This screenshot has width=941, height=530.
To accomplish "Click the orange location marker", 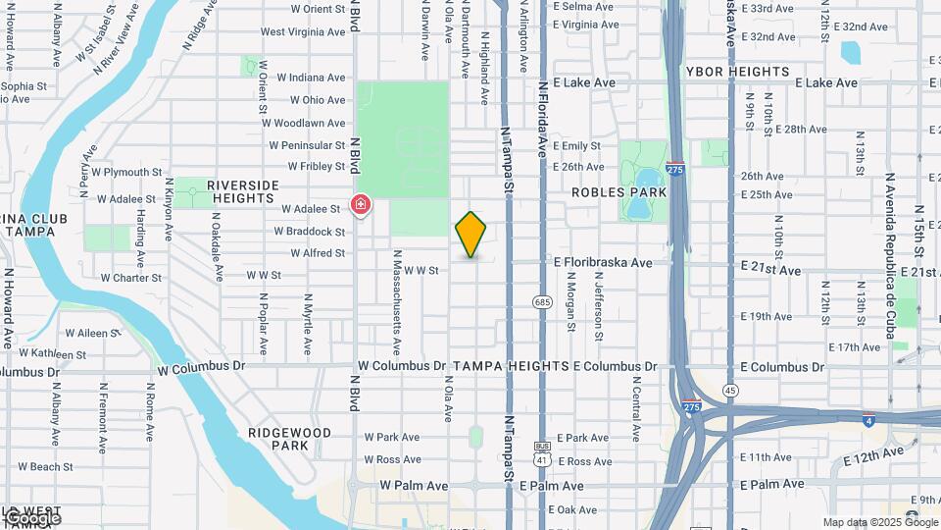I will click(470, 235).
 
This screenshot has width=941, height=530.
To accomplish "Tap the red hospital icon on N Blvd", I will click(361, 205).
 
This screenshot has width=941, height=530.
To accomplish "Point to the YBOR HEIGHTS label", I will click(737, 72).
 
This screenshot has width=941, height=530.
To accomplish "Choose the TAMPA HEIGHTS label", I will click(511, 366).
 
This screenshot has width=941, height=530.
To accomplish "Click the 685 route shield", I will click(542, 302).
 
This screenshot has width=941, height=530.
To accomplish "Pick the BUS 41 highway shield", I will click(542, 451).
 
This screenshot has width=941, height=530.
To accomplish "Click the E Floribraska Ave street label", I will click(603, 263).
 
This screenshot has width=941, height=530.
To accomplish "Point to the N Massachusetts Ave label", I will click(397, 301).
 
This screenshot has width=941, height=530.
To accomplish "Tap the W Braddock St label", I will click(309, 232).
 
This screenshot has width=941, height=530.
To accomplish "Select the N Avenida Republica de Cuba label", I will click(890, 256).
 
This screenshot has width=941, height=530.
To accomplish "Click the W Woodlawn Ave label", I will click(310, 124).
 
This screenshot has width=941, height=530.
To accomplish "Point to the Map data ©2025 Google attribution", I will click(880, 522).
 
